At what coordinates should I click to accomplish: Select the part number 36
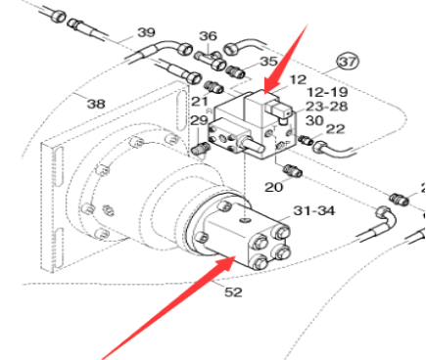207,36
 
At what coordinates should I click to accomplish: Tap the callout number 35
241,61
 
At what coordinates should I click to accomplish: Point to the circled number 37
348,63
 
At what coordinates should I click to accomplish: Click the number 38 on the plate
96,104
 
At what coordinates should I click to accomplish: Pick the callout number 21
200,102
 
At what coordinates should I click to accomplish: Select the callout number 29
199,120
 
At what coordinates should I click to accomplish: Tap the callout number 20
274,186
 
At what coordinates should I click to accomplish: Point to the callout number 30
313,119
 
